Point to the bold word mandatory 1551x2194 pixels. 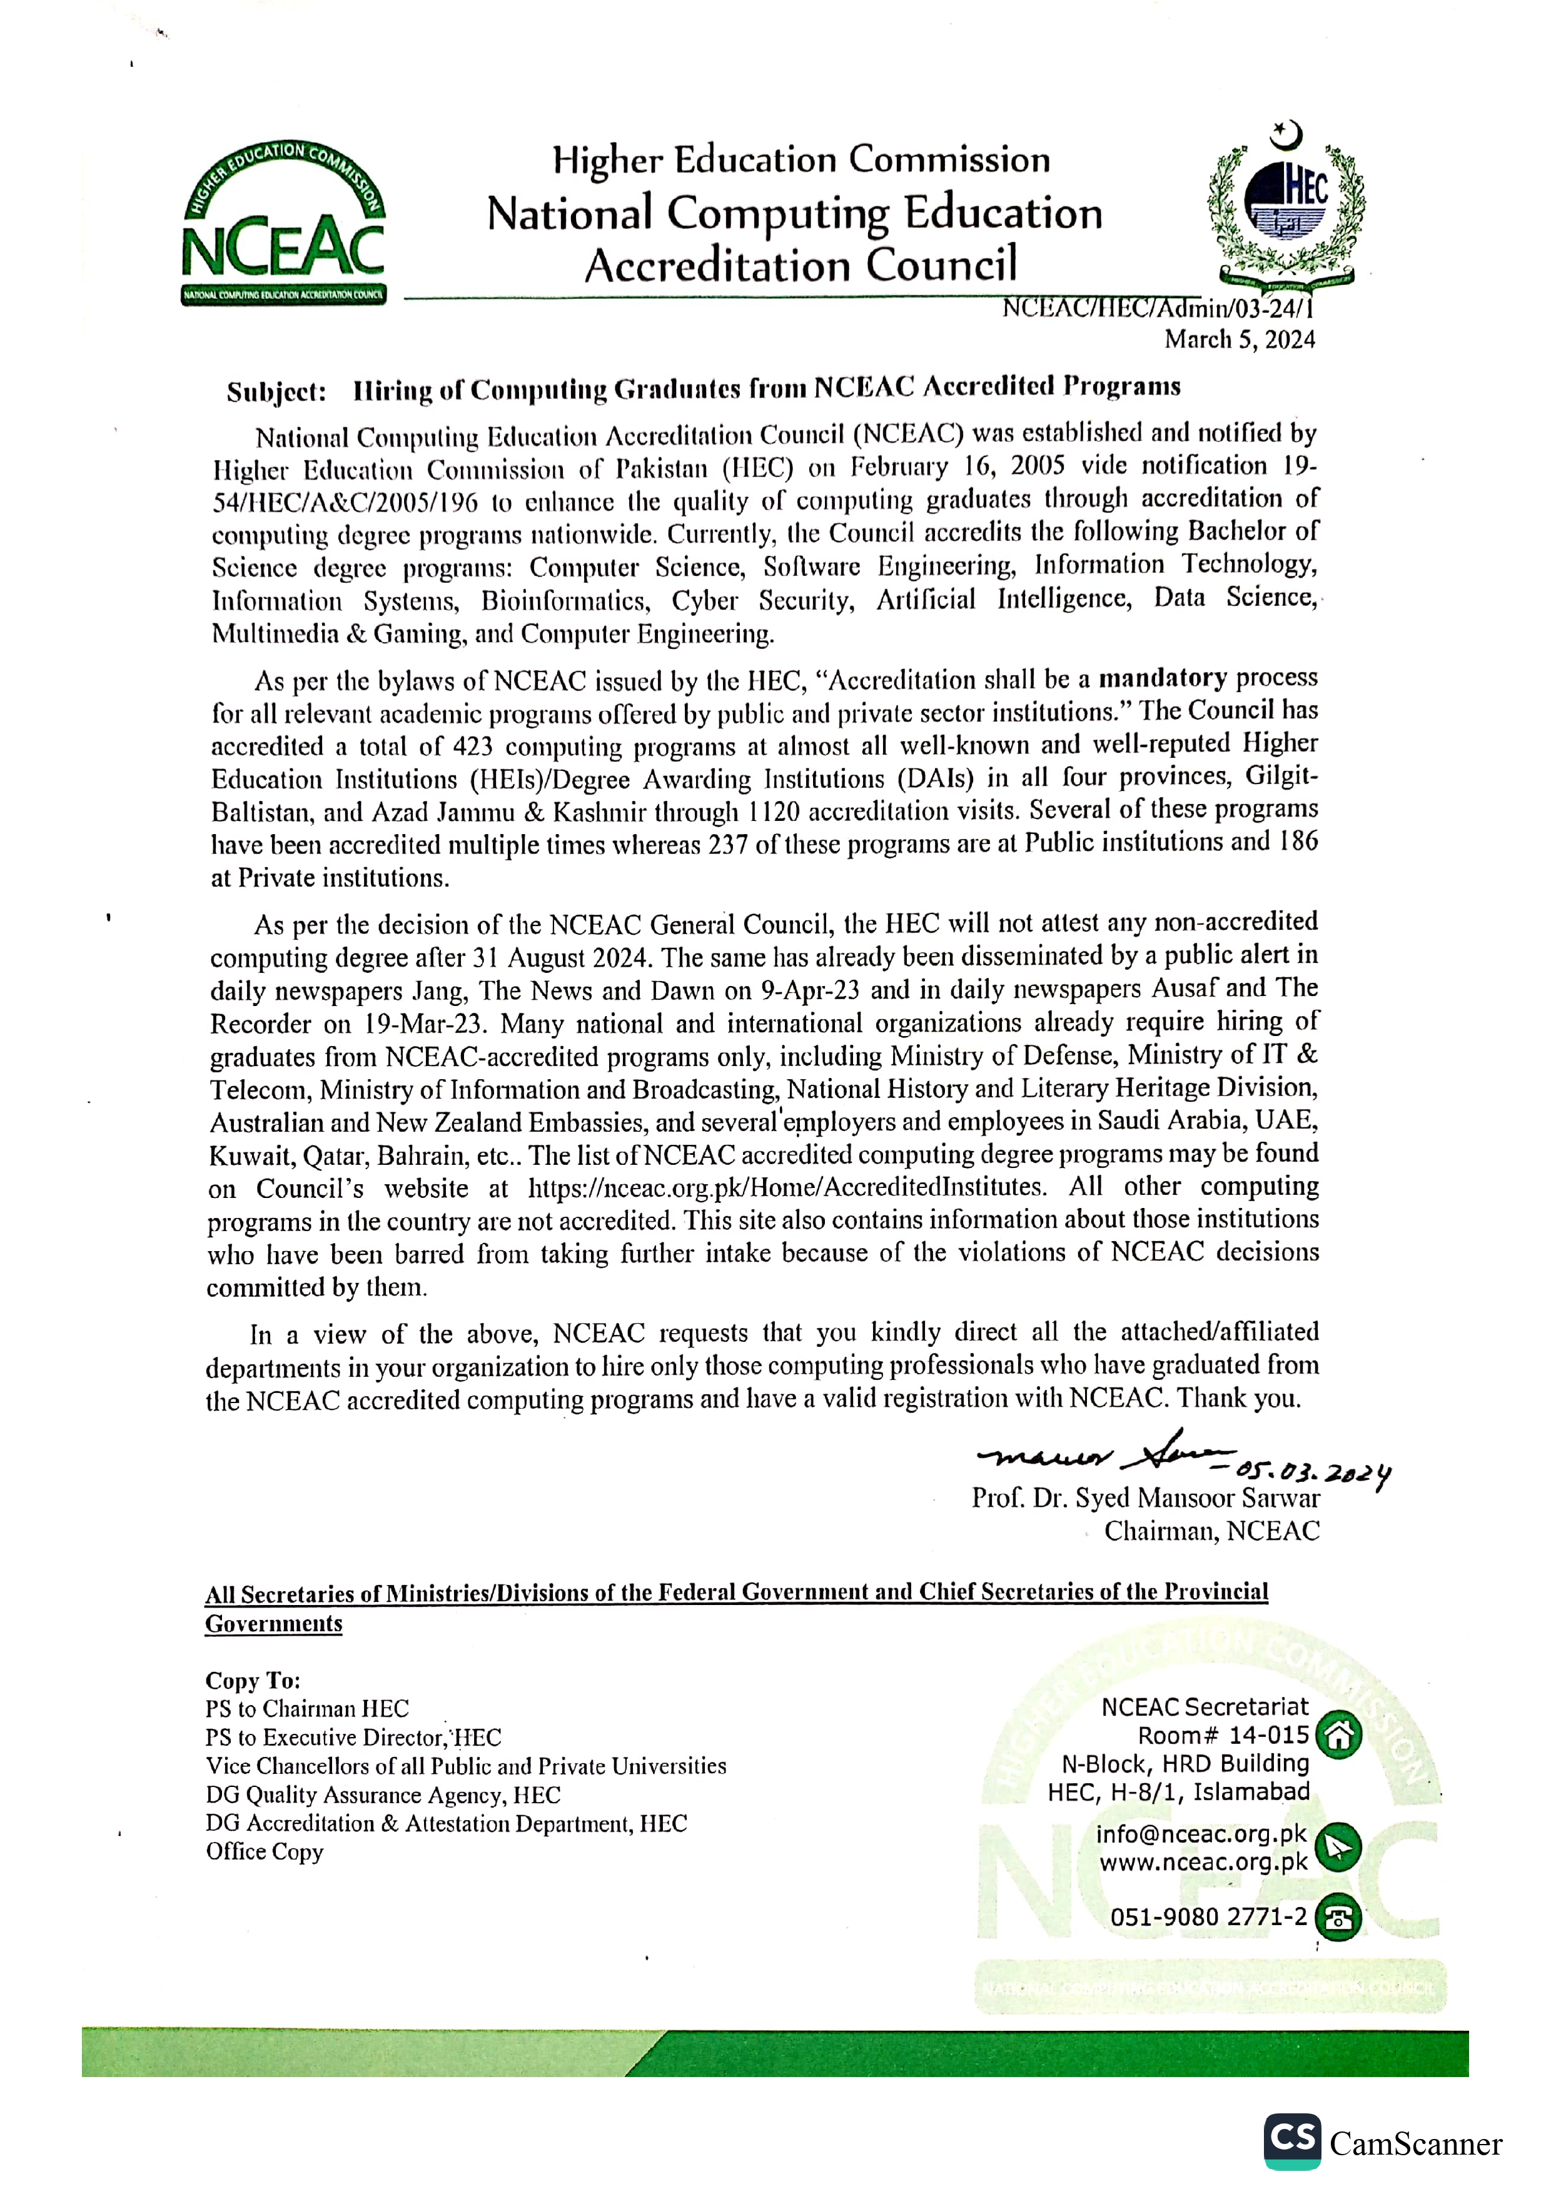click(x=1162, y=678)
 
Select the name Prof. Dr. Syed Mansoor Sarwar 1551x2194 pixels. click(x=1145, y=1497)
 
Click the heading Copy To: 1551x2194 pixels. click(x=252, y=1680)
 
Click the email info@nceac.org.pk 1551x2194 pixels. click(x=1201, y=1834)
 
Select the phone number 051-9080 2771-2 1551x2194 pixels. click(x=1208, y=1917)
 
